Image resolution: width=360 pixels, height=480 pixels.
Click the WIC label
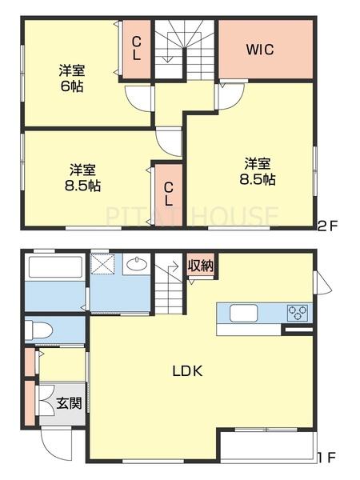[x=260, y=50]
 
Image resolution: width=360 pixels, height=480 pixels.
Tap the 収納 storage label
[x=201, y=265]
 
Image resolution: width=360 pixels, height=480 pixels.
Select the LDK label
[x=187, y=371]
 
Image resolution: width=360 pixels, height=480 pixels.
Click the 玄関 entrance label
[x=70, y=403]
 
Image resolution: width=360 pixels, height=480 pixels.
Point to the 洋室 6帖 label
[x=72, y=78]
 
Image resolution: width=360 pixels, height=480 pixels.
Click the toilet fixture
[x=38, y=330]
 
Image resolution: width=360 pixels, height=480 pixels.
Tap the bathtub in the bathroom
[x=55, y=267]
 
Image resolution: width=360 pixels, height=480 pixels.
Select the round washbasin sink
[x=137, y=264]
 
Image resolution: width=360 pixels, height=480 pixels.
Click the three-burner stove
[x=297, y=312]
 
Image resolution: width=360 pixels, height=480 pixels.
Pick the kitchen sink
[x=243, y=313]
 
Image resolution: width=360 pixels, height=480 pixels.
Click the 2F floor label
[x=327, y=226]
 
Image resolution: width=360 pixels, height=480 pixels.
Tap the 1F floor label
[x=327, y=458]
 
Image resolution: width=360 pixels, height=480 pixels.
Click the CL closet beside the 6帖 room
[x=137, y=48]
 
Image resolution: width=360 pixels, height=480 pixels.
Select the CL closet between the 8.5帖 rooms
[x=169, y=194]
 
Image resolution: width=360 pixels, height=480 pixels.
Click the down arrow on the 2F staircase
[x=168, y=55]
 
